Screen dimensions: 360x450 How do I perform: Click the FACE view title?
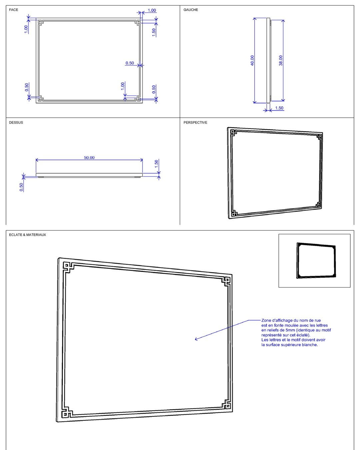[13, 10]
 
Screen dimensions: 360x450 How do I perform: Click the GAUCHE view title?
[191, 10]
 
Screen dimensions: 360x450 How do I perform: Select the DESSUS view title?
[16, 123]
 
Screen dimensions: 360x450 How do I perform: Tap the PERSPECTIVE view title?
[195, 123]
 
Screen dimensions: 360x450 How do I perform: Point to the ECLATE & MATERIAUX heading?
[27, 235]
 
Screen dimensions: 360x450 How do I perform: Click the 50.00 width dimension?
[89, 158]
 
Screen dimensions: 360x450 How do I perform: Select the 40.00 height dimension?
[252, 60]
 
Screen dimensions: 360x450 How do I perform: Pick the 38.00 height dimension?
[281, 60]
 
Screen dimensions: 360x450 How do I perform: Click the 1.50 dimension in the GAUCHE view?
[279, 108]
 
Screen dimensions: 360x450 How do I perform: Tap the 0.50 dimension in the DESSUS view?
[21, 187]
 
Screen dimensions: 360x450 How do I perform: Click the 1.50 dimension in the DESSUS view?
[156, 164]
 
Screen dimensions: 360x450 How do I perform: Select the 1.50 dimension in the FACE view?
[154, 32]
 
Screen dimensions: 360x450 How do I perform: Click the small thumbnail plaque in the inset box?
[316, 260]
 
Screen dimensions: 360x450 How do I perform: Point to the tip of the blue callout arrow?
[195, 339]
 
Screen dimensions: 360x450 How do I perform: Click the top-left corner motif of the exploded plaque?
[68, 267]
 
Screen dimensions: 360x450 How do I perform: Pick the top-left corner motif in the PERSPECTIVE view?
[233, 133]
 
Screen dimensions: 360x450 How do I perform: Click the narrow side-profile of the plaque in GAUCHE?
[269, 60]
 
